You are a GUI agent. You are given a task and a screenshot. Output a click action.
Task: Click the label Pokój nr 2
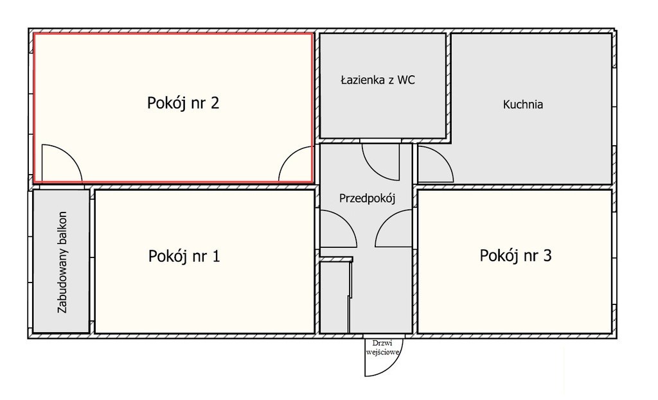[183, 103]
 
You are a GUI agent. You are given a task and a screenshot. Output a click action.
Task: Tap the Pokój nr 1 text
[184, 256]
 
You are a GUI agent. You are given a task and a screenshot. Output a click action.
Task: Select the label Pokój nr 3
[515, 256]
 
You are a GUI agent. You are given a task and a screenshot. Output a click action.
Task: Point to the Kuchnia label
[523, 105]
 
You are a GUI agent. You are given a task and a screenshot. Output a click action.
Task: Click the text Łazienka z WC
[378, 80]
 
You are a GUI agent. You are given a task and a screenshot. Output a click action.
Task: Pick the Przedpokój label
[367, 198]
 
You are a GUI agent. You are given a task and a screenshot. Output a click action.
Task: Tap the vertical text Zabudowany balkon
[62, 262]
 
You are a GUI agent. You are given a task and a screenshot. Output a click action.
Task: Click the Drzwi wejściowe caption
[382, 347]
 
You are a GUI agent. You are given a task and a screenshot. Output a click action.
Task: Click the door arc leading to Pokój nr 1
[346, 220]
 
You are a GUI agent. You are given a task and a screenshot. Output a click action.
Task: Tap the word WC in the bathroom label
[406, 80]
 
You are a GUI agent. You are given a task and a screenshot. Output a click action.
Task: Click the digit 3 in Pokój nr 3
[547, 255]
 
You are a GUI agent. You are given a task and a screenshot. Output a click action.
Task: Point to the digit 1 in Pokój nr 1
[216, 256]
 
